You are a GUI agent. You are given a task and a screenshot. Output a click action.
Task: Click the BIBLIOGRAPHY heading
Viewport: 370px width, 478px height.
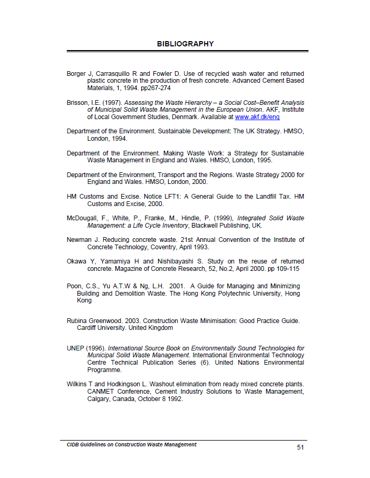tap(185, 44)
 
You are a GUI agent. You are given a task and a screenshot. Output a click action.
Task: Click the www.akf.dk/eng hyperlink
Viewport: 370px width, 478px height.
tap(257, 117)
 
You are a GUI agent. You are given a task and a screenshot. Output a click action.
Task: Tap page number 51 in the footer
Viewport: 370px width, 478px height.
tap(300, 447)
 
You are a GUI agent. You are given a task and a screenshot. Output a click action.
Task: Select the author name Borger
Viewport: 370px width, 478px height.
tap(77, 73)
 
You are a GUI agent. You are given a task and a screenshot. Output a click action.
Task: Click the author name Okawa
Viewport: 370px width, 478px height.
tap(77, 261)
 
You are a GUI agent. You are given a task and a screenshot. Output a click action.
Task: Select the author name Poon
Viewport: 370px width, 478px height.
tap(74, 286)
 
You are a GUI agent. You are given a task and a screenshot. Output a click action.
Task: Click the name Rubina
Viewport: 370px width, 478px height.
tap(77, 320)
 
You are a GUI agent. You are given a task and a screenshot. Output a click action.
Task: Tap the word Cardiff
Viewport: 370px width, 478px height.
tap(87, 328)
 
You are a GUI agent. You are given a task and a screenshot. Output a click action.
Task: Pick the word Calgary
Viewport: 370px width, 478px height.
tap(99, 399)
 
